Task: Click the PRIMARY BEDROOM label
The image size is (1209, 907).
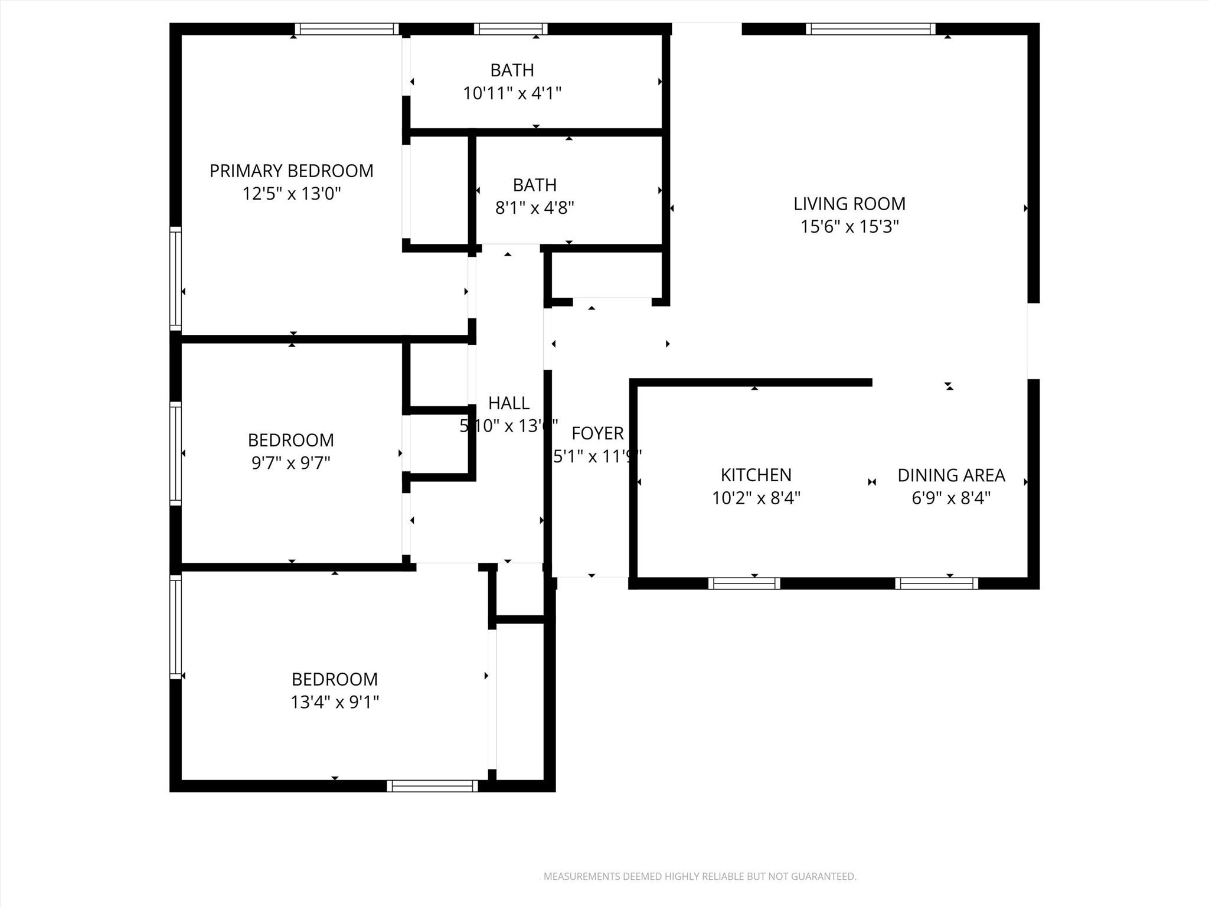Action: [291, 171]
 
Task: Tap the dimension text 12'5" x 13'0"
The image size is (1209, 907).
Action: [291, 194]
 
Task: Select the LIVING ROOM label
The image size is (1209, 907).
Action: [849, 204]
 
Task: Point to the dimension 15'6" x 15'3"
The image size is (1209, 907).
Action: [849, 227]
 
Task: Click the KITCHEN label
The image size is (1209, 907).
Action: [756, 475]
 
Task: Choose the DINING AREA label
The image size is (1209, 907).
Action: [950, 475]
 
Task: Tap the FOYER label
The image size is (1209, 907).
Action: [597, 433]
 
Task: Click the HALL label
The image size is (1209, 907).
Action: [508, 403]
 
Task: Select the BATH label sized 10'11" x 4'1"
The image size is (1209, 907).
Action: [512, 70]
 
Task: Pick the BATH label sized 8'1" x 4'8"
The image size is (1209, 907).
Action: [534, 185]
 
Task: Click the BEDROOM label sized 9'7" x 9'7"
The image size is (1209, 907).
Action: [290, 440]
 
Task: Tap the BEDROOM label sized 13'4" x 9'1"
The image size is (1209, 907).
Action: [334, 679]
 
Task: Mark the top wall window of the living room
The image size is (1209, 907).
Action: [870, 29]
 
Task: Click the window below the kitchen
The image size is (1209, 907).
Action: [744, 583]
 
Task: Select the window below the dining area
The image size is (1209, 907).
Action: [936, 583]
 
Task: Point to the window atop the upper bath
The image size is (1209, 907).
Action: [511, 29]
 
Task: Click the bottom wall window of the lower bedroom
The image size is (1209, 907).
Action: [432, 786]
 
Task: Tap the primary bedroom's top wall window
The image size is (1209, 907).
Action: [347, 29]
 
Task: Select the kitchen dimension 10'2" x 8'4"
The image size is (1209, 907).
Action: [756, 498]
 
